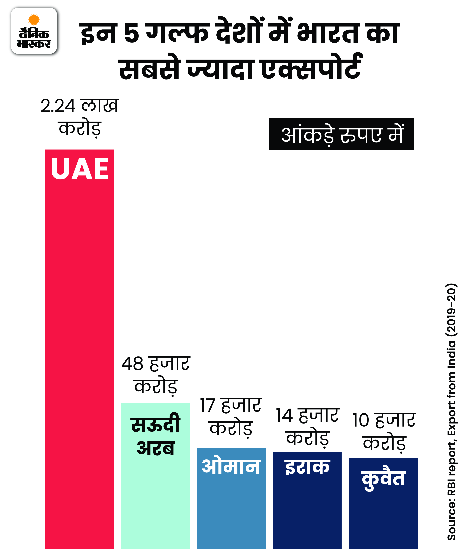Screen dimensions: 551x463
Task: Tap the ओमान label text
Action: pos(231,467)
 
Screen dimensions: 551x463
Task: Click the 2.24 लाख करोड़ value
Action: pos(80,117)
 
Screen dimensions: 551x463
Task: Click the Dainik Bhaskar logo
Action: pos(34,31)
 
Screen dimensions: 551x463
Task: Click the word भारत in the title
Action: pos(328,33)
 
